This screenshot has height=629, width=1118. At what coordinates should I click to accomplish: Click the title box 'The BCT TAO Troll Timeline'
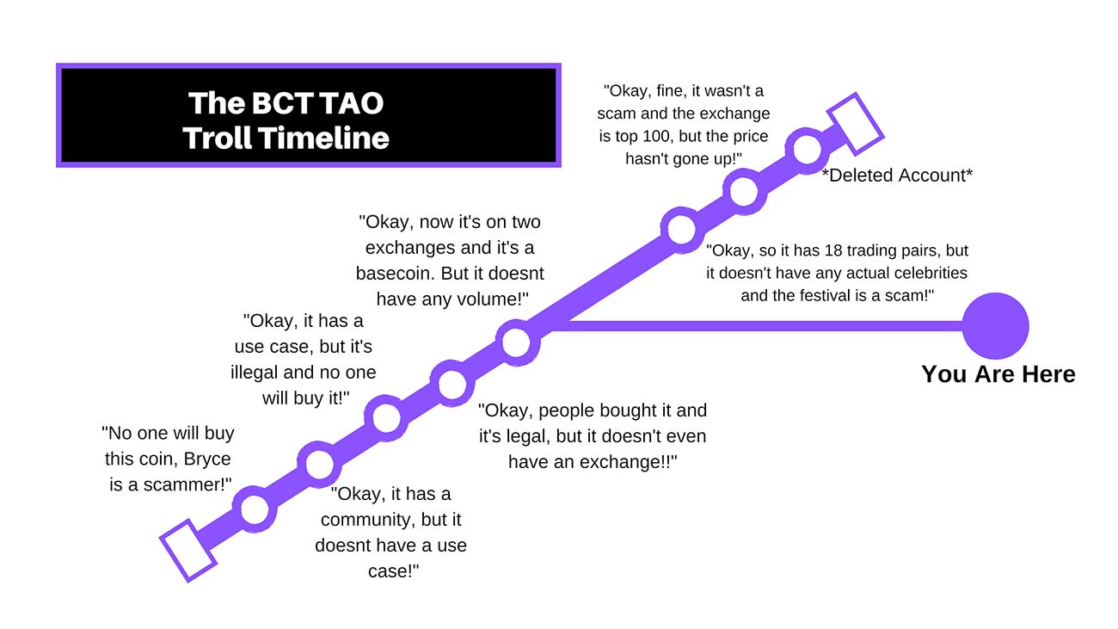[x=309, y=115]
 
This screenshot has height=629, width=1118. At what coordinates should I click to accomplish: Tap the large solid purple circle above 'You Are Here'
[x=995, y=326]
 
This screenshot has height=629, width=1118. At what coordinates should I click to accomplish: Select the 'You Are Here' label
[x=998, y=374]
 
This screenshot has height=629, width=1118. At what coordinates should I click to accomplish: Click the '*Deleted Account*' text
[x=897, y=176]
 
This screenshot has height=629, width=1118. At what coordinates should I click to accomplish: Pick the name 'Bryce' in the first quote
[x=207, y=459]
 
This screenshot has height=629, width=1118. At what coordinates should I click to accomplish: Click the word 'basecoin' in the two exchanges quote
[x=396, y=274]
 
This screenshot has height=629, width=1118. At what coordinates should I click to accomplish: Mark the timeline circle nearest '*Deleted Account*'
[x=807, y=150]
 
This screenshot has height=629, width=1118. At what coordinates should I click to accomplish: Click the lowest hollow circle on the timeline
[x=255, y=509]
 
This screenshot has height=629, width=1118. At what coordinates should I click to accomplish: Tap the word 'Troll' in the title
[x=217, y=138]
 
